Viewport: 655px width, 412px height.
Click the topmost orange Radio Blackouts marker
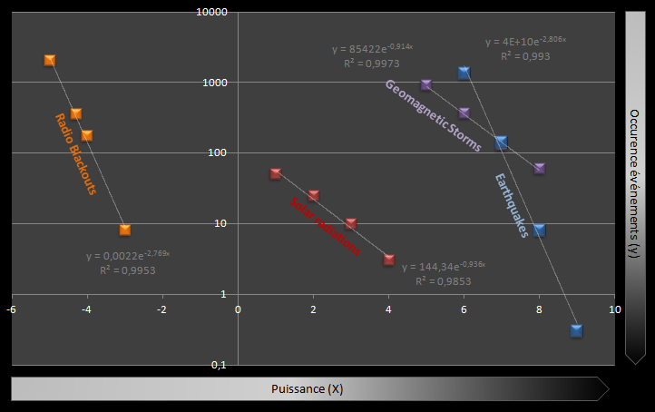click(x=50, y=60)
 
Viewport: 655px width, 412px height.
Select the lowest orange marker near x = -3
click(x=125, y=230)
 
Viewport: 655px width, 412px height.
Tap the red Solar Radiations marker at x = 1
click(x=276, y=173)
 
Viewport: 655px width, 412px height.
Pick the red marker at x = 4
click(x=389, y=260)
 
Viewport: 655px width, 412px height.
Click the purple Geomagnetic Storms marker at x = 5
click(x=426, y=84)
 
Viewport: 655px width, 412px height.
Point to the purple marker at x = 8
click(x=540, y=169)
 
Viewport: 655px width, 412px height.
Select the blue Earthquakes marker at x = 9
click(x=577, y=330)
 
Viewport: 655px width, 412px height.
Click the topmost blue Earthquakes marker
click(x=464, y=73)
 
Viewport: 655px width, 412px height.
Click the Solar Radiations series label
click(x=326, y=227)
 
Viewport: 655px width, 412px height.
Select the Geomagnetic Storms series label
click(x=433, y=115)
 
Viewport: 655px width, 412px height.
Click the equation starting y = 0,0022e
click(x=128, y=256)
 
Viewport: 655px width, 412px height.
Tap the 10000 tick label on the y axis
click(x=213, y=13)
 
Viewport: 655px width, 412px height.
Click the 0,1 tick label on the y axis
click(x=219, y=365)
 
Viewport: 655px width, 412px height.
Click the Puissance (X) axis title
click(x=307, y=389)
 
